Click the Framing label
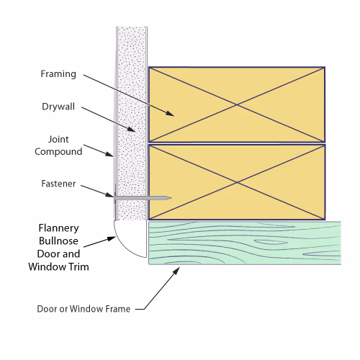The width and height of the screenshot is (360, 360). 58,73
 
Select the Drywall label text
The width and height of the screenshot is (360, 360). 58,107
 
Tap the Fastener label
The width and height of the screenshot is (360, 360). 58,184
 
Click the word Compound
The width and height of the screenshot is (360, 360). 58,152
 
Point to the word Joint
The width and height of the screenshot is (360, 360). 58,139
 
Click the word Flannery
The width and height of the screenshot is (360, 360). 58,228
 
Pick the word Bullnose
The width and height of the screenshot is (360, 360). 58,241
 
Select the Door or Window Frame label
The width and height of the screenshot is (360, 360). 84,309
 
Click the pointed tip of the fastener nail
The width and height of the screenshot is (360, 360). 171,198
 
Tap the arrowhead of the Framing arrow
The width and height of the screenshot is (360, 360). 171,114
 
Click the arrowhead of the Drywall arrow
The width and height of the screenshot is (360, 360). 132,130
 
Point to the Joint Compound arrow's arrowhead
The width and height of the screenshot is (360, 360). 110,154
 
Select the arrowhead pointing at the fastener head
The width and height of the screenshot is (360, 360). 110,194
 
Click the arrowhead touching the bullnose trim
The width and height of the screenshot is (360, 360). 112,238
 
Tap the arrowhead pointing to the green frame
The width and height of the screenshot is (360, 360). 176,271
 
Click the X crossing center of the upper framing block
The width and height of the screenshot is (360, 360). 237,104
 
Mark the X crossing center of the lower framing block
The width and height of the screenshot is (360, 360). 237,182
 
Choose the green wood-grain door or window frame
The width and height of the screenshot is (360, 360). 245,243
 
